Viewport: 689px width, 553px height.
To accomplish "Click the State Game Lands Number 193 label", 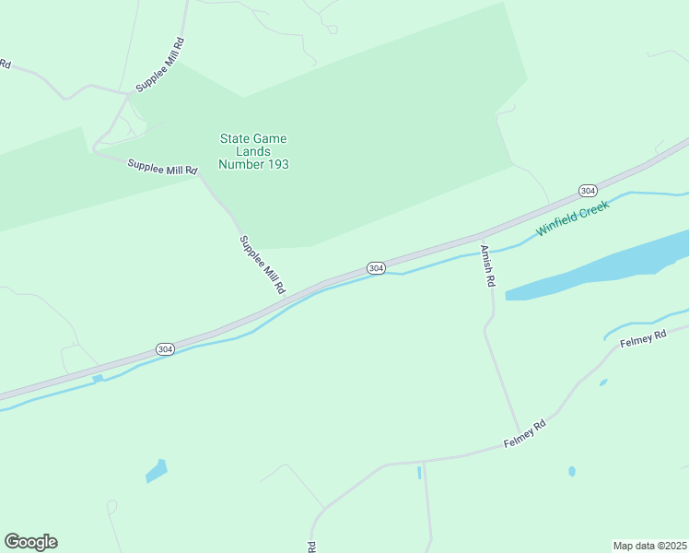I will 253,152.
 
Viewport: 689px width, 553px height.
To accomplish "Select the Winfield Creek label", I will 574,215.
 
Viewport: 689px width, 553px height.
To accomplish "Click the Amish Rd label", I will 487,266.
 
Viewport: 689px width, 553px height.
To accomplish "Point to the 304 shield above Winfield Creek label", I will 588,190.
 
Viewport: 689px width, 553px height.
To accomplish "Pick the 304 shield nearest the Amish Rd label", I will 375,267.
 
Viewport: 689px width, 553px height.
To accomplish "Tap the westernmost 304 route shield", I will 165,349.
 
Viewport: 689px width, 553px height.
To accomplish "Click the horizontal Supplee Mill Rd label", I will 163,167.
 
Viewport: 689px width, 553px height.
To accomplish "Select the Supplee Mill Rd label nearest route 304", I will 263,265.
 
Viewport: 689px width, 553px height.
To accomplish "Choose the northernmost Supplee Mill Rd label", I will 160,65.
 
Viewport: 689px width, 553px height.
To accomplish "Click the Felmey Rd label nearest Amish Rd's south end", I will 525,434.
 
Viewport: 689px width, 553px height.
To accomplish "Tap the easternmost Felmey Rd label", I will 643,338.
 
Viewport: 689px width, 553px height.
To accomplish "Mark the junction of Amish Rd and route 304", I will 483,234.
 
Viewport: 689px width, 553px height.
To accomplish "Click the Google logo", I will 30,542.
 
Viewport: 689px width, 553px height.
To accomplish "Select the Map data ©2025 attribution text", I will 649,545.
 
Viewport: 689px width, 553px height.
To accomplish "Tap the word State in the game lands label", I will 235,139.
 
